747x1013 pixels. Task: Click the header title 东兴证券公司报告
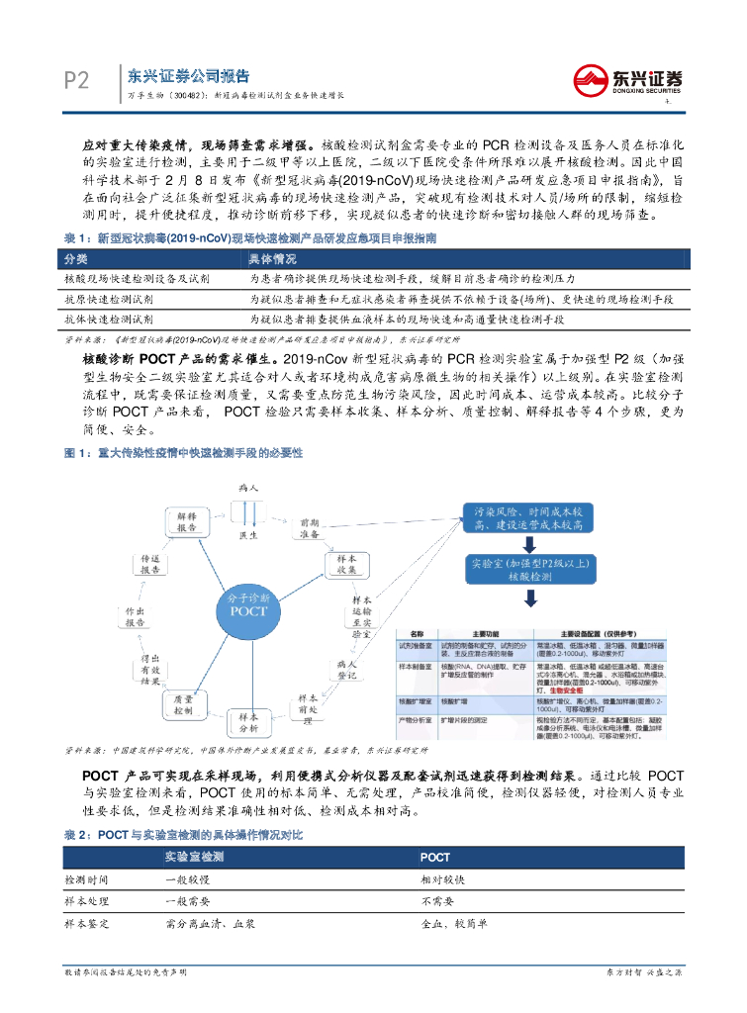point(188,76)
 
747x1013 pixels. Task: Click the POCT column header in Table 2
point(435,857)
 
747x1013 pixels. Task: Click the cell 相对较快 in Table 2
point(441,879)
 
